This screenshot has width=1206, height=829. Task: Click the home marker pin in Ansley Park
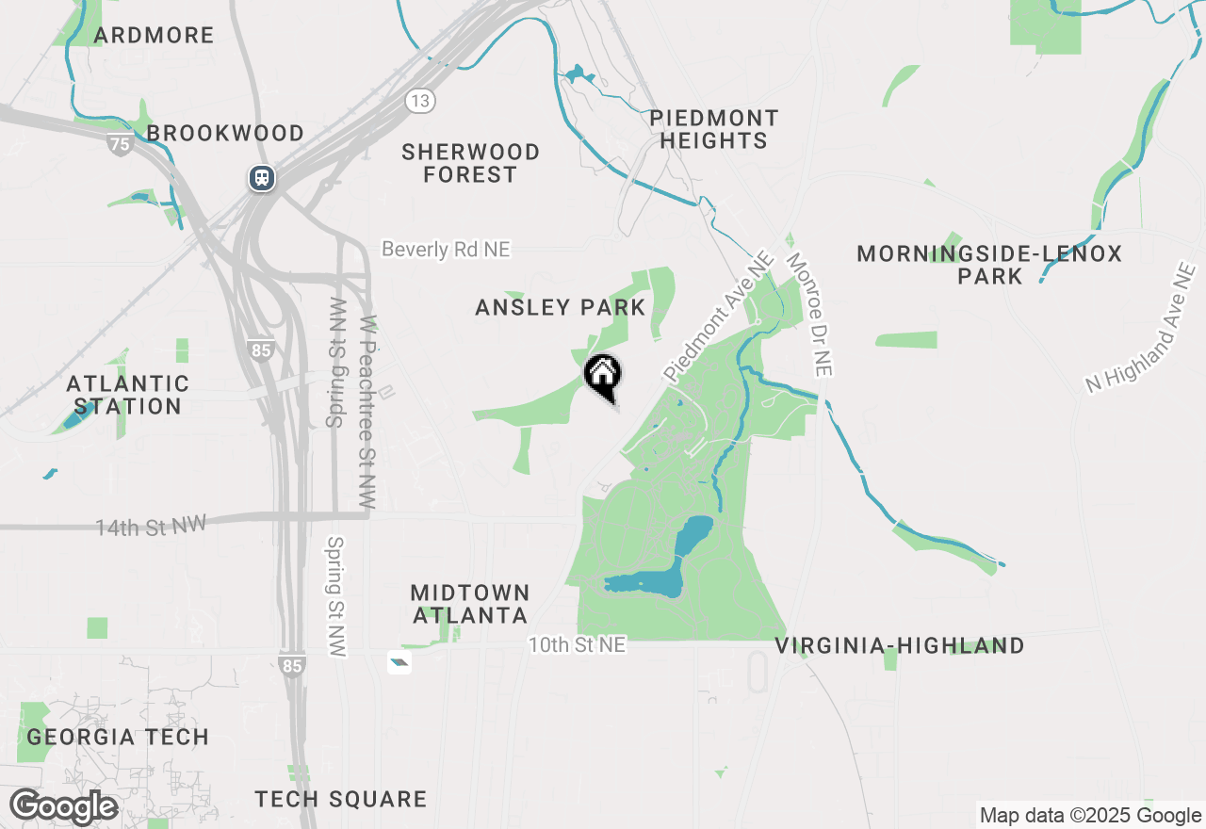(603, 376)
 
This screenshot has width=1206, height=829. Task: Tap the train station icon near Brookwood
(262, 177)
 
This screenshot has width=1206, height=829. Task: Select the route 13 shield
(420, 100)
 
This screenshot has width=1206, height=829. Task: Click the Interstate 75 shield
(120, 144)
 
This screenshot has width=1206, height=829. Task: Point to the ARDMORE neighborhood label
(155, 36)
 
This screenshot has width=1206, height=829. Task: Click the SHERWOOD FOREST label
(470, 163)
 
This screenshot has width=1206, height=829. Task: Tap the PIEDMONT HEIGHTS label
(714, 130)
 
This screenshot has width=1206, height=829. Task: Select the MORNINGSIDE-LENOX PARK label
(989, 265)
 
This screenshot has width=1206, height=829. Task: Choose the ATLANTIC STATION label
(127, 396)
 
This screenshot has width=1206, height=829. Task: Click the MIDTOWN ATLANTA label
(470, 604)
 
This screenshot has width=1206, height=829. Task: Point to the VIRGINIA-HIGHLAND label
(900, 646)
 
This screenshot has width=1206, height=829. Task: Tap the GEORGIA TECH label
(118, 737)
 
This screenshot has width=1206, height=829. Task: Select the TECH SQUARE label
(341, 800)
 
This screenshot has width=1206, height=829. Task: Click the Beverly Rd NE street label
(446, 249)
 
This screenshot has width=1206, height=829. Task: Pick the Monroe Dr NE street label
(809, 315)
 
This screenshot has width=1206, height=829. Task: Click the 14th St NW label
(151, 525)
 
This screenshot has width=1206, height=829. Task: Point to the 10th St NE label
(577, 645)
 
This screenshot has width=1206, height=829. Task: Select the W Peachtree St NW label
(368, 413)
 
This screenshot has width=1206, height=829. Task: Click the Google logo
(63, 807)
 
